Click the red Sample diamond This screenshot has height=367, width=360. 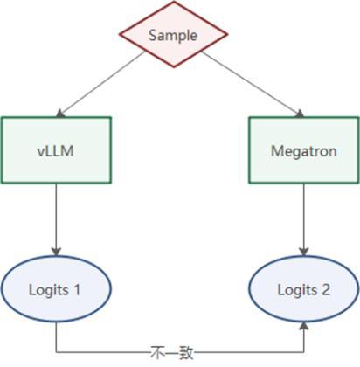click(x=173, y=34)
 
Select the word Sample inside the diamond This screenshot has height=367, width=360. click(x=173, y=36)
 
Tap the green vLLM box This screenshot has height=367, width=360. click(x=56, y=150)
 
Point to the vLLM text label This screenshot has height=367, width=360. click(x=55, y=151)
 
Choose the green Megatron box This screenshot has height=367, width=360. click(x=304, y=150)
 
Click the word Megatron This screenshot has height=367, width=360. click(x=304, y=151)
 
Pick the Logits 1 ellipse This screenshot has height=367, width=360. click(x=56, y=288)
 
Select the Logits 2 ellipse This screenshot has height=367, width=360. click(x=304, y=288)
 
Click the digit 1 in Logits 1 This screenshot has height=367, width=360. click(x=77, y=290)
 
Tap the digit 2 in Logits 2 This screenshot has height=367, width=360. click(x=326, y=290)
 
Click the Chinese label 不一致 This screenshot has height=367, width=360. click(x=172, y=353)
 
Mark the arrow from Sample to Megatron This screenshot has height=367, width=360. click(x=253, y=84)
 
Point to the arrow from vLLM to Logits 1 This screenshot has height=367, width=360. click(x=56, y=219)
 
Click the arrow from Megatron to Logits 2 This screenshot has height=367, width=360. click(x=304, y=219)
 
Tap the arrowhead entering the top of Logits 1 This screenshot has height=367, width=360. click(x=56, y=252)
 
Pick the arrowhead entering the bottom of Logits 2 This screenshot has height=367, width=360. click(x=304, y=326)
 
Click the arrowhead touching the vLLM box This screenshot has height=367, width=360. click(x=60, y=114)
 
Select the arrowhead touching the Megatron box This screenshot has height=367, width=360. click(x=300, y=114)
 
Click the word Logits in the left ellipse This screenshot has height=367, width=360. click(x=49, y=290)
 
